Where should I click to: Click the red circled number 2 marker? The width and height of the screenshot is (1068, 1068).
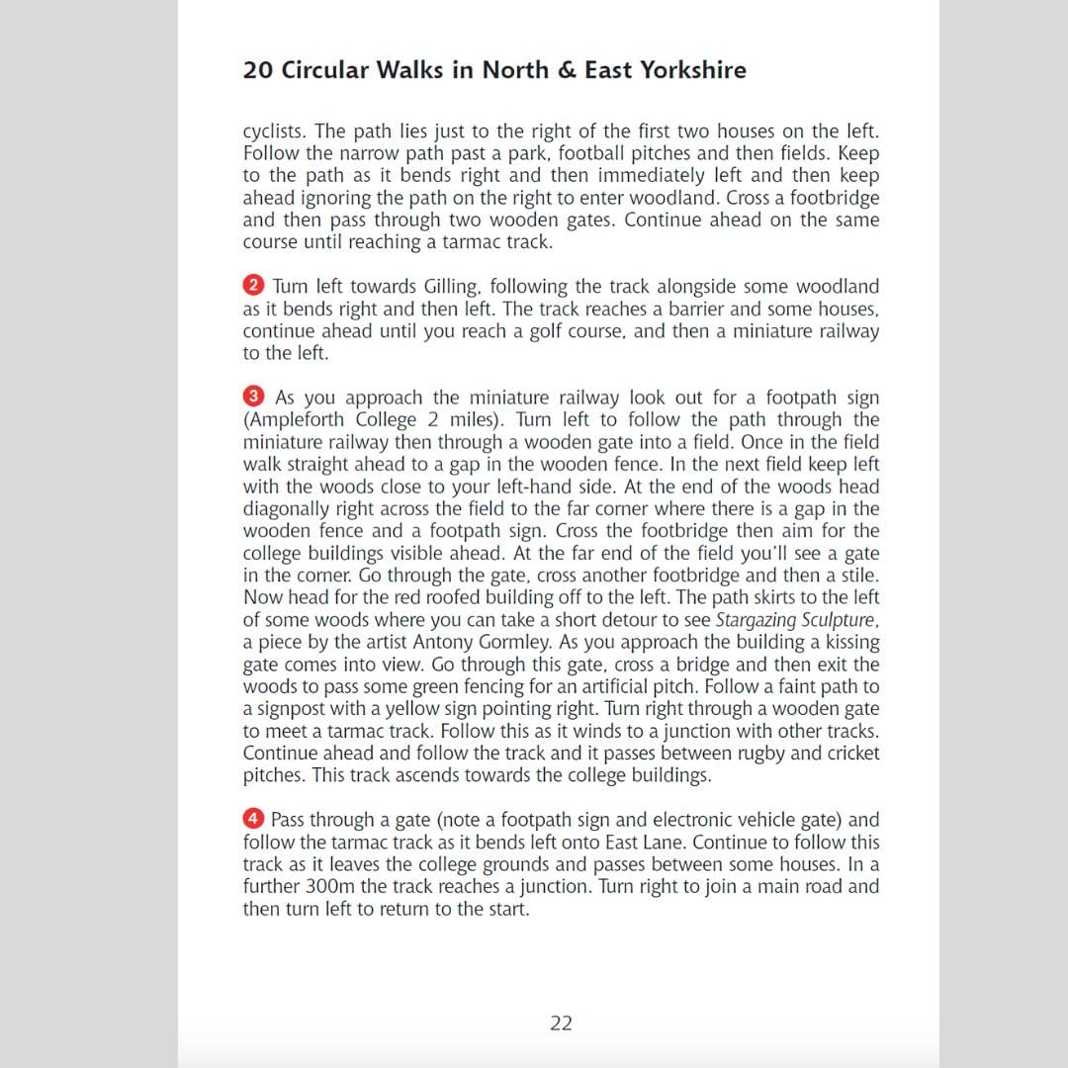pos(254,286)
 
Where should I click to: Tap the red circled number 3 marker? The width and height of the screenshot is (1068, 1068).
pos(254,397)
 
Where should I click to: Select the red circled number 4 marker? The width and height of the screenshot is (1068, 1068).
pos(254,819)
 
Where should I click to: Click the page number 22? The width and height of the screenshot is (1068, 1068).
pos(561,1023)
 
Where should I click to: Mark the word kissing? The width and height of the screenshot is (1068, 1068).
pos(846,643)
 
